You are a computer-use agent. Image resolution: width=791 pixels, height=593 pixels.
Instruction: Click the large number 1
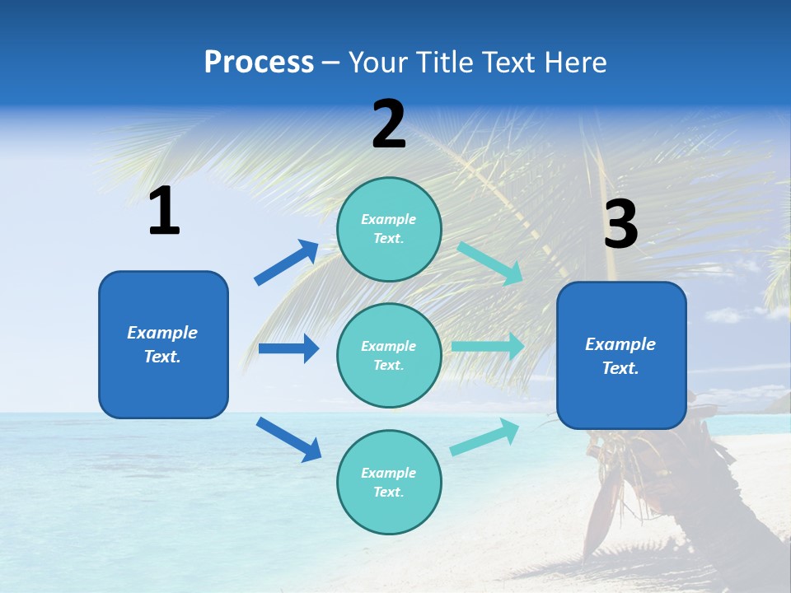click(x=164, y=211)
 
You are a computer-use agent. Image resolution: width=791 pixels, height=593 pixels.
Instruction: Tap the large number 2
click(x=389, y=124)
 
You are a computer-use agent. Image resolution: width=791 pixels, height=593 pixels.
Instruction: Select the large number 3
click(x=620, y=224)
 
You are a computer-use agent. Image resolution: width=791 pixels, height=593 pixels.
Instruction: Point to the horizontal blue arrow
click(x=288, y=348)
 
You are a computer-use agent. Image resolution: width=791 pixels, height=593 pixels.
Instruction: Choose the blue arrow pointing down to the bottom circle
click(x=288, y=438)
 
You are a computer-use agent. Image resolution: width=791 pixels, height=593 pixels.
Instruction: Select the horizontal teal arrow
click(x=487, y=347)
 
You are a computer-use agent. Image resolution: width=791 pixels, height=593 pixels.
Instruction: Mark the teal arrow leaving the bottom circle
click(x=484, y=437)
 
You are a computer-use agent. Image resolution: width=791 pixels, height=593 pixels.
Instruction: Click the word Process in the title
click(x=259, y=62)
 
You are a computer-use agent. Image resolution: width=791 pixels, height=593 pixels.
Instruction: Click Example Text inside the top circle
click(x=389, y=229)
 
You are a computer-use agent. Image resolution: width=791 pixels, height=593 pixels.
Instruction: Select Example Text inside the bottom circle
click(x=389, y=483)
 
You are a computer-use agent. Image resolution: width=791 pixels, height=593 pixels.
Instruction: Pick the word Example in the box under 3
click(x=620, y=344)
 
